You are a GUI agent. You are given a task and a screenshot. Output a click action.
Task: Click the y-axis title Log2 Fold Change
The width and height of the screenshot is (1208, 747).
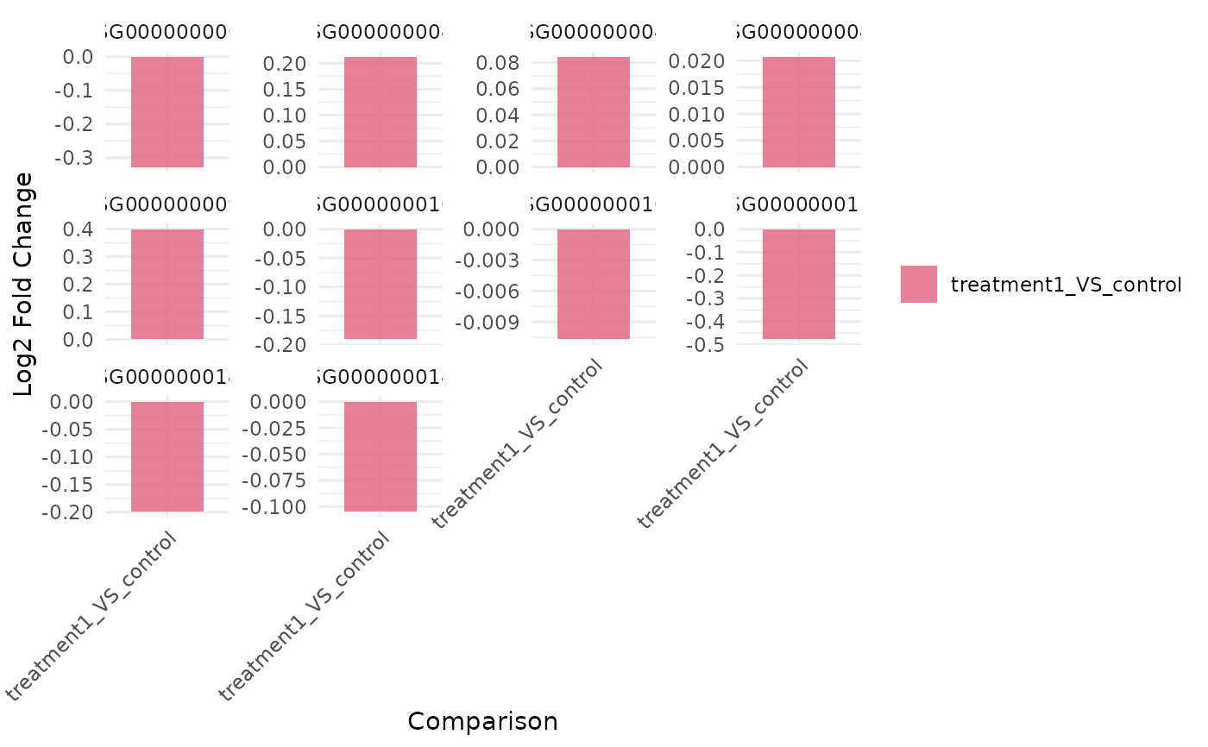click(x=24, y=285)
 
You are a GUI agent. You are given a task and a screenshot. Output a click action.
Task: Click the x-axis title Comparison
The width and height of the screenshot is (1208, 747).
click(x=482, y=721)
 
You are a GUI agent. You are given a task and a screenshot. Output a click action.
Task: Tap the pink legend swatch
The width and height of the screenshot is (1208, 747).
click(x=918, y=284)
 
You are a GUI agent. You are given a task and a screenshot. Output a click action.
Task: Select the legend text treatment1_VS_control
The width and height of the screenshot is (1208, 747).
click(x=1066, y=285)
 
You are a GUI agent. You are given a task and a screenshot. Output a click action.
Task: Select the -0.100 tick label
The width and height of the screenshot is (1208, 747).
click(x=274, y=507)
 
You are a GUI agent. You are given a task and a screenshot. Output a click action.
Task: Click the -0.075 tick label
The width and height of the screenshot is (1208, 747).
click(x=274, y=480)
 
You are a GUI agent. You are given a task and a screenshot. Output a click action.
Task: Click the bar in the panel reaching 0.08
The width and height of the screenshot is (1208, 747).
click(x=593, y=112)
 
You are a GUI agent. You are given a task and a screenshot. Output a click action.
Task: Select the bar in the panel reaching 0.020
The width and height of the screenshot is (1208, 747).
click(x=798, y=112)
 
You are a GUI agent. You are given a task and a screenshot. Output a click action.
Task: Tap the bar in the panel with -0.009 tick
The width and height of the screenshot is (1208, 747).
click(x=593, y=284)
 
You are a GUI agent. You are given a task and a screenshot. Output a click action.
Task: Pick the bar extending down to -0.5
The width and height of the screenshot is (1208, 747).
click(x=798, y=284)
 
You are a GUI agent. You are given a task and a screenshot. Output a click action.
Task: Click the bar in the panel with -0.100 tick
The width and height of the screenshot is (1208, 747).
click(x=380, y=456)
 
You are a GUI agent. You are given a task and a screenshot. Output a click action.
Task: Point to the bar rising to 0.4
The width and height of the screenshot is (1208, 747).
click(x=167, y=284)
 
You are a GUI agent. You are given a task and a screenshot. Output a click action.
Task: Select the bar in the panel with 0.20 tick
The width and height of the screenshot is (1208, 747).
click(x=380, y=112)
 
